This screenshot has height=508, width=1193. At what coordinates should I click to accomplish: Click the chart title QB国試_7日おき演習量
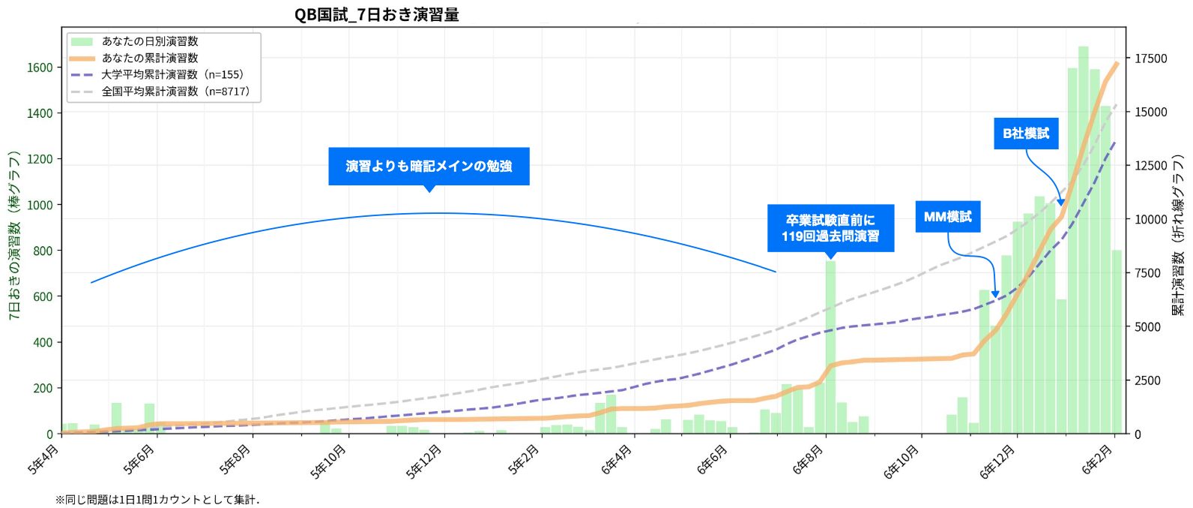[x=376, y=14]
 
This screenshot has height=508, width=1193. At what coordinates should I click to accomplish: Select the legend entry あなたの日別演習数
[x=150, y=42]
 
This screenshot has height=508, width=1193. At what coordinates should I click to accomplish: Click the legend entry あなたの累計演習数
[x=150, y=59]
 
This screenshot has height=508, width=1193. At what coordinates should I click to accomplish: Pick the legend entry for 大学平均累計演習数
[x=172, y=75]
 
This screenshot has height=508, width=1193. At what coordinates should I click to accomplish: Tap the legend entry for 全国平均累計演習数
[x=175, y=92]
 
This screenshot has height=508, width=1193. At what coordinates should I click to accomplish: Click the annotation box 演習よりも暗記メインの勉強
[x=429, y=166]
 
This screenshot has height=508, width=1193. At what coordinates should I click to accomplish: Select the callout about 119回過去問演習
[x=830, y=228]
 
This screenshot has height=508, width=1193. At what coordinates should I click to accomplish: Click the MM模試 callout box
[x=947, y=217]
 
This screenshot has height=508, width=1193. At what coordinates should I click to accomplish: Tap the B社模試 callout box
[x=1026, y=134]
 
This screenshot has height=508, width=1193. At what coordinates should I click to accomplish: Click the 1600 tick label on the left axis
[x=40, y=68]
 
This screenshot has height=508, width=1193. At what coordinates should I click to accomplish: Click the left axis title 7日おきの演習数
[x=13, y=235]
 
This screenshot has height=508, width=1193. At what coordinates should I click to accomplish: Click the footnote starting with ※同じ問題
[x=157, y=500]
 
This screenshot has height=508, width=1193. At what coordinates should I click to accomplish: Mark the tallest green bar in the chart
[x=1083, y=240]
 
